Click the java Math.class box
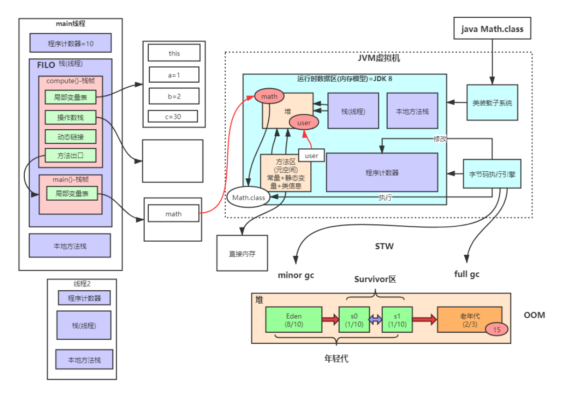pos(492,29)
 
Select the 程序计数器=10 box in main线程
pos(70,43)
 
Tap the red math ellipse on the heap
pos(269,97)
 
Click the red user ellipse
pos(304,123)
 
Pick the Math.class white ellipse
pos(249,198)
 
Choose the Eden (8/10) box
pos(294,320)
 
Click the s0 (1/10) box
pos(354,320)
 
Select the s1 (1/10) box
pos(397,320)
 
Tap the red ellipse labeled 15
pos(497,330)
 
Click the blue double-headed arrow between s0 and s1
pos(376,320)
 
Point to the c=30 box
pos(173,116)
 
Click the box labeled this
pos(174,53)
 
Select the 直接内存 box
pos(242,253)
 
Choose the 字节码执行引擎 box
pos(492,174)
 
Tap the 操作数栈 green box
pos(70,117)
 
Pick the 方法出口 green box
pos(70,155)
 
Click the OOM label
pos(534,315)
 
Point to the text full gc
pos(467,273)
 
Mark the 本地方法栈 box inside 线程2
pos(84,360)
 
